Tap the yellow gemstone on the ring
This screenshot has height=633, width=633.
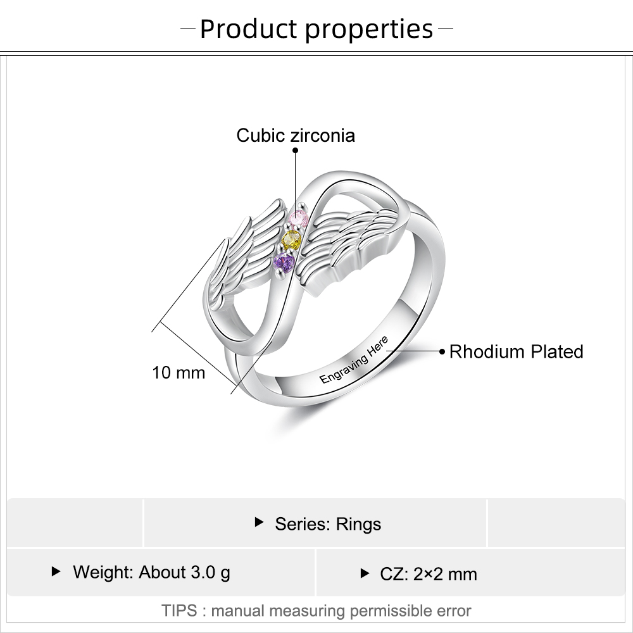pyautogui.click(x=292, y=240)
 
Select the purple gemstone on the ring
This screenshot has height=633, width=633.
pyautogui.click(x=284, y=261)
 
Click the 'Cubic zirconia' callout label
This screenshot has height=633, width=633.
pyautogui.click(x=296, y=135)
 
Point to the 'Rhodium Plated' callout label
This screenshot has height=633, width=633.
pyautogui.click(x=516, y=351)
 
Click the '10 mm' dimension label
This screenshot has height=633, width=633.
pyautogui.click(x=179, y=372)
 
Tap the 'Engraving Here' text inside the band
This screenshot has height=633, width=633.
pyautogui.click(x=354, y=361)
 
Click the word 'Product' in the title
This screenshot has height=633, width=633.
pyautogui.click(x=248, y=29)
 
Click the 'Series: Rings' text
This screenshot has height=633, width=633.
pyautogui.click(x=328, y=523)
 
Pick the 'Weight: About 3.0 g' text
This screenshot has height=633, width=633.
pyautogui.click(x=151, y=572)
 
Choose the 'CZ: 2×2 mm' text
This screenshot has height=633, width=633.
pyautogui.click(x=429, y=574)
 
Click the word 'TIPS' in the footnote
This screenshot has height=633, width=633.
pyautogui.click(x=180, y=611)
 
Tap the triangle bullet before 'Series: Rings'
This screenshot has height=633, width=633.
pyautogui.click(x=258, y=522)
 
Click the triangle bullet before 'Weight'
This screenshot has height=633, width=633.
pyautogui.click(x=56, y=572)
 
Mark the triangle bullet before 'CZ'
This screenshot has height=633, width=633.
pyautogui.click(x=364, y=573)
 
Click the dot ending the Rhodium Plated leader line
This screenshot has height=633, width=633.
pyautogui.click(x=442, y=349)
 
